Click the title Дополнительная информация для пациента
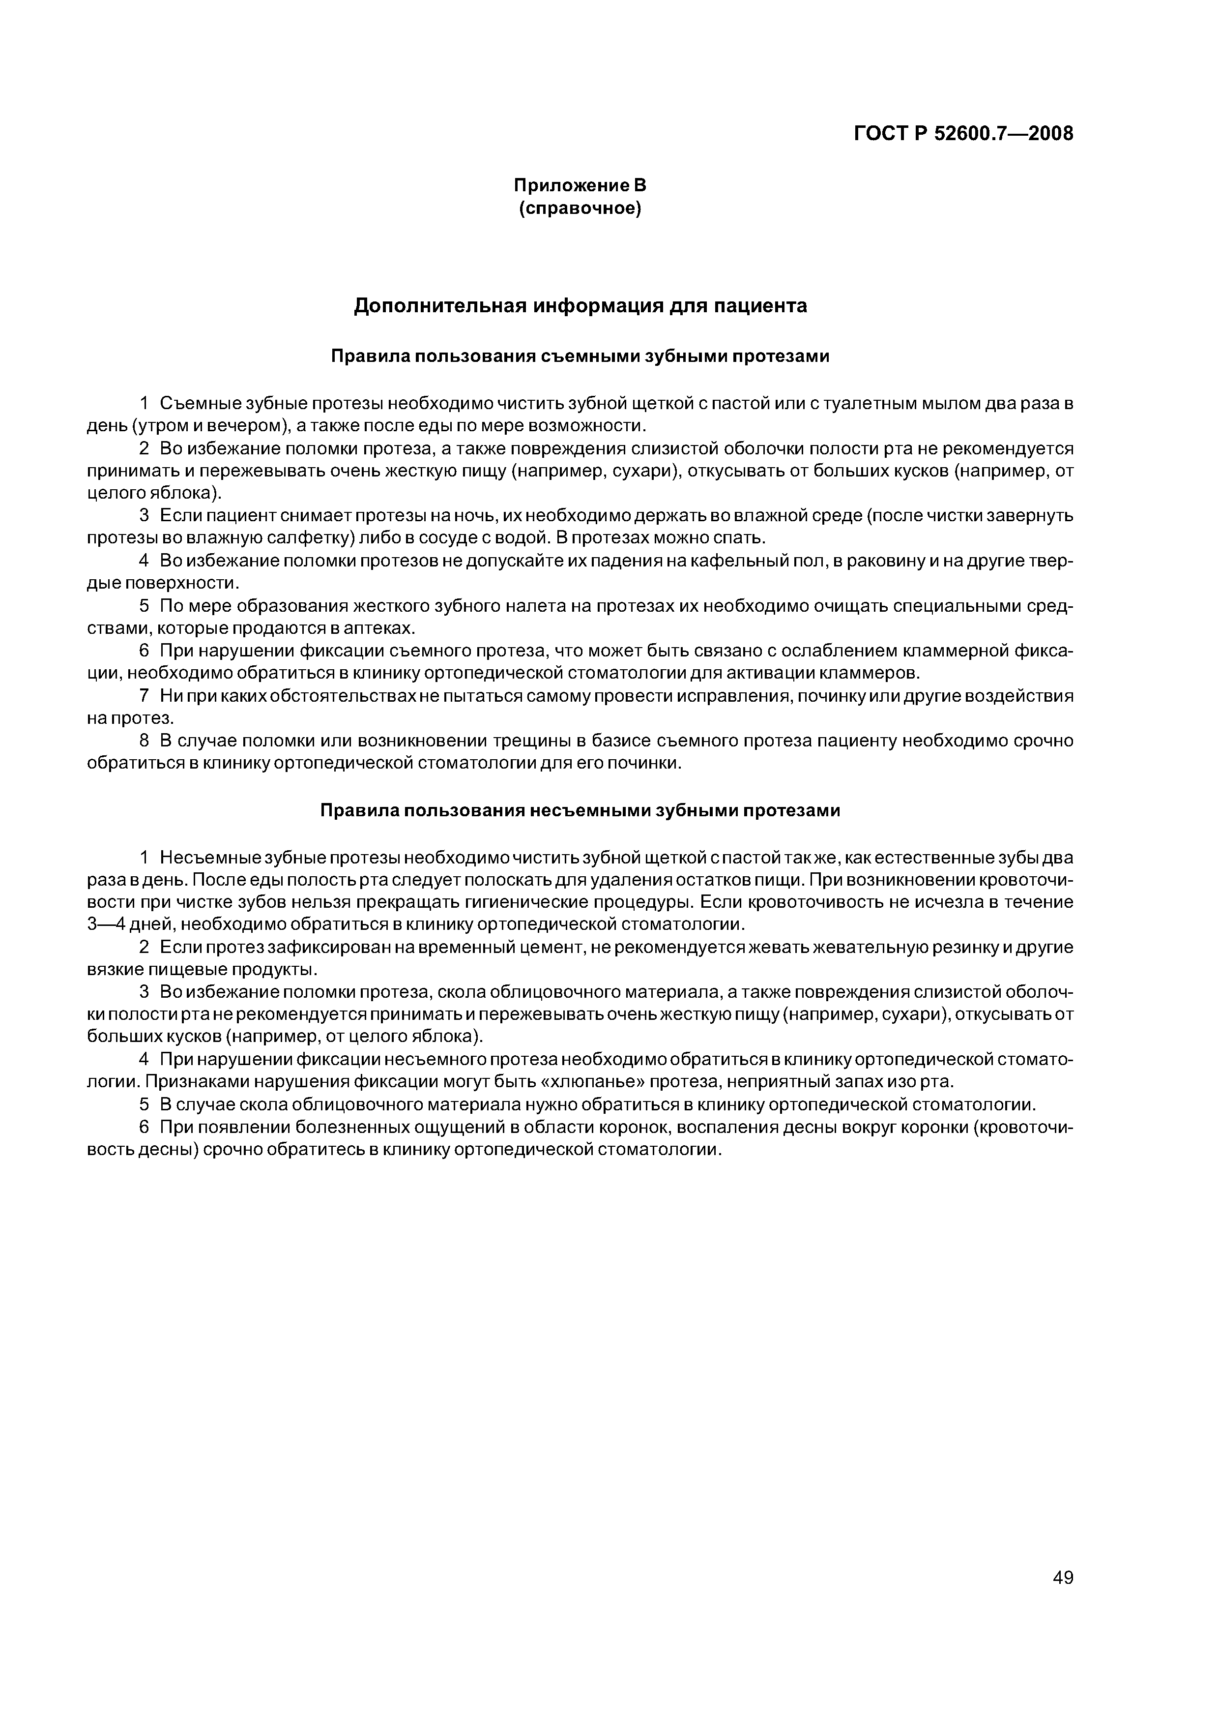580,306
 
